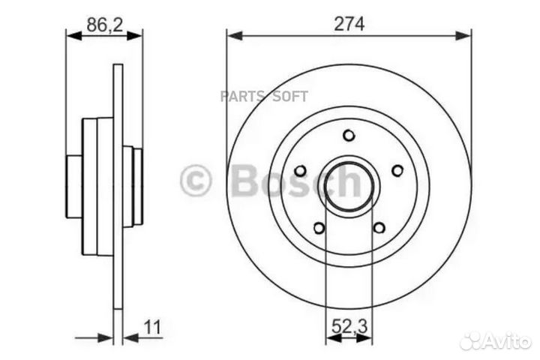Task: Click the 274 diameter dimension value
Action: click(x=349, y=23)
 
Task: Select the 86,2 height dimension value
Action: click(x=103, y=23)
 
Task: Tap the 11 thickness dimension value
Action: click(x=153, y=327)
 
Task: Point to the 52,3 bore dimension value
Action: click(x=349, y=327)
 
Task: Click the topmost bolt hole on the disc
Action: click(x=349, y=135)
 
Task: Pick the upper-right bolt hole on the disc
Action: click(x=397, y=170)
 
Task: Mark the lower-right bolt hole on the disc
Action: click(x=379, y=228)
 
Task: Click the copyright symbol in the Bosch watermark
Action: click(x=196, y=181)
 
